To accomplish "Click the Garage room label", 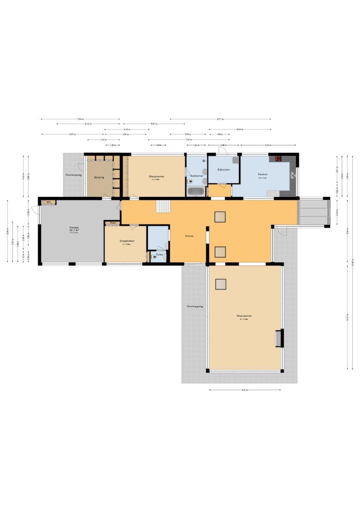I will (x=74, y=228).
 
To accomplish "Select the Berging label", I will (x=99, y=178).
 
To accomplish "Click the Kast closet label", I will (x=113, y=222).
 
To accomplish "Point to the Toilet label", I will (x=159, y=254).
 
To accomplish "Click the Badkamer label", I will (x=196, y=176).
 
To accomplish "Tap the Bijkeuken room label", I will (x=223, y=169).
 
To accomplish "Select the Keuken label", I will (x=262, y=174).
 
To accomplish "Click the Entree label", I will (x=189, y=236).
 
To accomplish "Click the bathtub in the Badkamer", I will (x=196, y=191).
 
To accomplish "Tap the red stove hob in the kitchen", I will (x=278, y=158).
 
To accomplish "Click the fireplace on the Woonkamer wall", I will (x=278, y=338).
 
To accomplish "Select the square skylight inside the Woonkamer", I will (x=221, y=284).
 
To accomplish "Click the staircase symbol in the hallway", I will (x=163, y=206).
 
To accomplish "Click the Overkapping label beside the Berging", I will (x=74, y=175).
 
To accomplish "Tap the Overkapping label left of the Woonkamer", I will (x=195, y=306).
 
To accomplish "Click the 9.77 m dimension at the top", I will (x=220, y=119).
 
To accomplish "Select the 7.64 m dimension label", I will (x=80, y=119).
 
